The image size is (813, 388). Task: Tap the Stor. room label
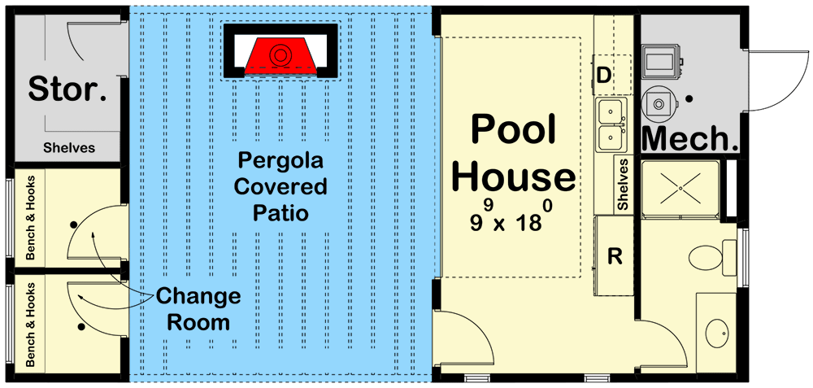67,89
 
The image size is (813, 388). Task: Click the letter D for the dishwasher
603,76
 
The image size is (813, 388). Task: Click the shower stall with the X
680,190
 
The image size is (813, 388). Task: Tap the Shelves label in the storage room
69,148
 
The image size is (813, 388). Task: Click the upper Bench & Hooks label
30,218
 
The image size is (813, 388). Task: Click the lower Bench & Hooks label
30,324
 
